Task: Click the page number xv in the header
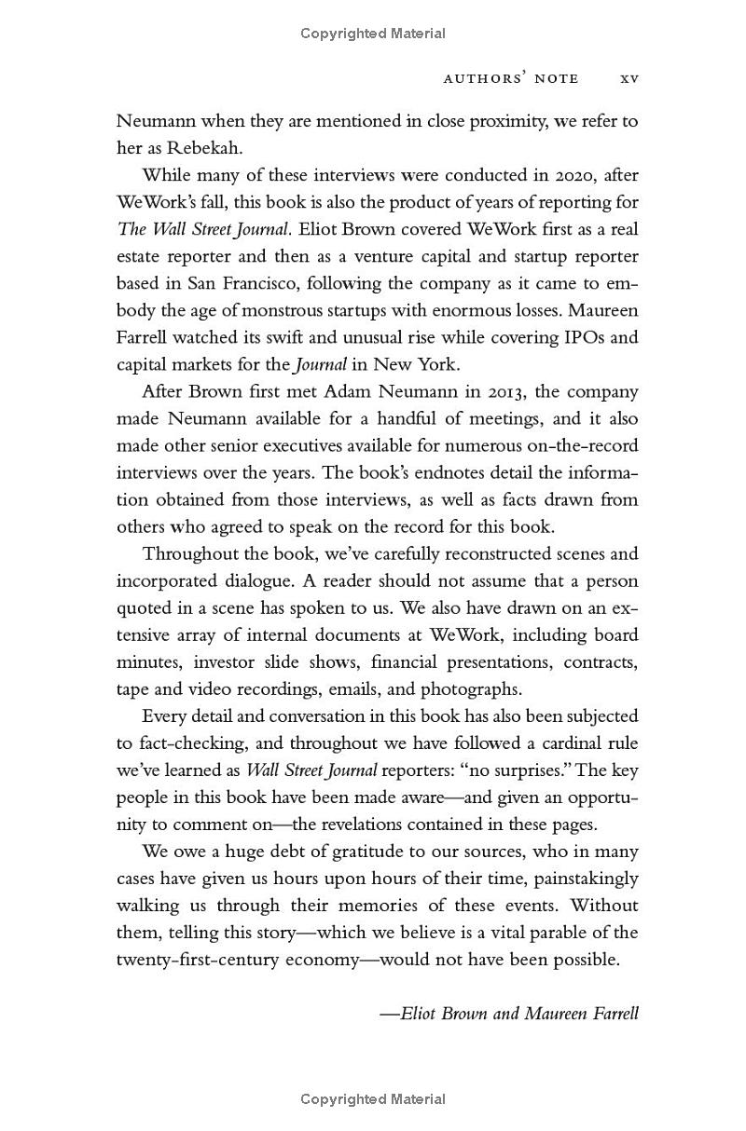(629, 79)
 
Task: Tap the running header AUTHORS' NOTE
(510, 79)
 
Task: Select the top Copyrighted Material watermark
(373, 34)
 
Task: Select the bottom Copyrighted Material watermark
(373, 1100)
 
